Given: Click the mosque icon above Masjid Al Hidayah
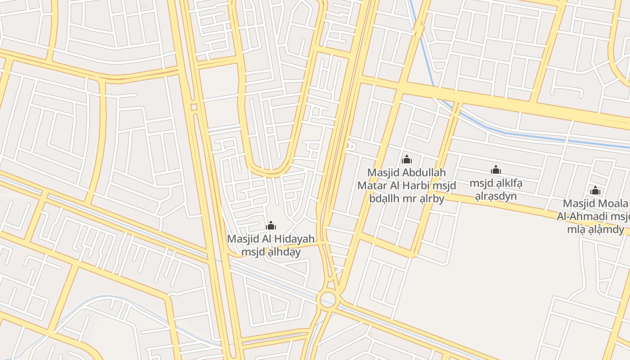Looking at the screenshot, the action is [271, 225].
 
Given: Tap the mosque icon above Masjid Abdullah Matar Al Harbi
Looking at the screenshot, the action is [407, 159].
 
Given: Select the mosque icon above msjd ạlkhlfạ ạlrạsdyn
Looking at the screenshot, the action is [496, 170].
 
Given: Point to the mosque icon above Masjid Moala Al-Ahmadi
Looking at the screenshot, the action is [595, 190].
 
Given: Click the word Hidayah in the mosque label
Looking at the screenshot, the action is [294, 239].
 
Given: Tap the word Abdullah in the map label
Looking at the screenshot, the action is [424, 172].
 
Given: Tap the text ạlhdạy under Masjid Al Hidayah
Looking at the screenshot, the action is [284, 252].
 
